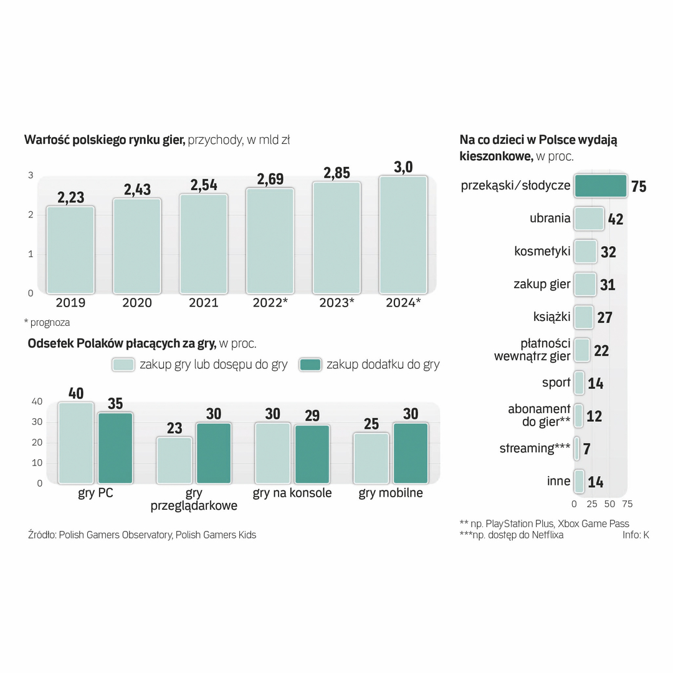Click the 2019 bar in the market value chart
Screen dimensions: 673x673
(70, 249)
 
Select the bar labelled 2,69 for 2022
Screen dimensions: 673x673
(270, 240)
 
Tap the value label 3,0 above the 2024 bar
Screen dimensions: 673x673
(403, 167)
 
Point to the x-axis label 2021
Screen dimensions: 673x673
(204, 303)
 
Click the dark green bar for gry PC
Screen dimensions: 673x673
(115, 447)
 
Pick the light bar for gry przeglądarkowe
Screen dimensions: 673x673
(174, 460)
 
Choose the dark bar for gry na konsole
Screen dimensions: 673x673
(312, 454)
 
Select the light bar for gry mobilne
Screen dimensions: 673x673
(371, 458)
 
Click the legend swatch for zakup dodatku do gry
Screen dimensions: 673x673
(310, 365)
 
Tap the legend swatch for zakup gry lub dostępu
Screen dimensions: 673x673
(123, 365)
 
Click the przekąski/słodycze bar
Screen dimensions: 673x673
(600, 186)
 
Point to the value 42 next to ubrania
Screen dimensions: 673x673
(616, 219)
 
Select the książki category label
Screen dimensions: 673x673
(553, 317)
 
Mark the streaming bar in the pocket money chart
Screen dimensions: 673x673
(576, 448)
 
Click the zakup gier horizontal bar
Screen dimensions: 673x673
(585, 284)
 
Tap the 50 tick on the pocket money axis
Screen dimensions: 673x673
(609, 504)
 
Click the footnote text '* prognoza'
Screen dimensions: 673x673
(47, 323)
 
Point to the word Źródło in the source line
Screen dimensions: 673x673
(42, 535)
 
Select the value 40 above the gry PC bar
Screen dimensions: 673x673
(76, 393)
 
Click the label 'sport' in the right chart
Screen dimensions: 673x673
(556, 382)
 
